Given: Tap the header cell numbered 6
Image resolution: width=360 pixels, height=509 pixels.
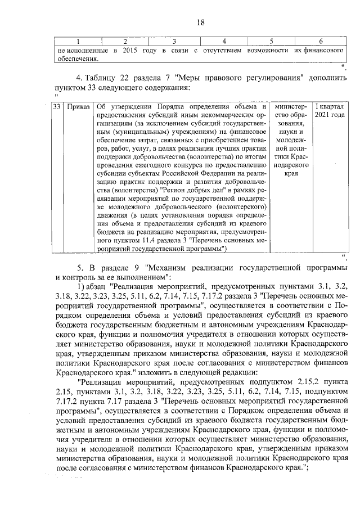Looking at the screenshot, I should [320, 42].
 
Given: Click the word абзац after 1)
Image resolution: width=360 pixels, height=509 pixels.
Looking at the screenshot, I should [89, 286].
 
